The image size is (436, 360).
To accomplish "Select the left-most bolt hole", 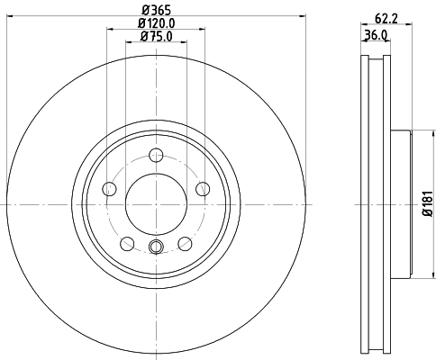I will coord(110,188).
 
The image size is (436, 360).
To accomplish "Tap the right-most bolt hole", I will coord(203,188).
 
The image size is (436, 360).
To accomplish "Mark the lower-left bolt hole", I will coord(127,243).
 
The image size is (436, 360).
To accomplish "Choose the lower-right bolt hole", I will coord(185,243).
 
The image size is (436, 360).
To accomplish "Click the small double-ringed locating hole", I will coord(156,249).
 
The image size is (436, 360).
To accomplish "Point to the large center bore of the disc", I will coord(156,200).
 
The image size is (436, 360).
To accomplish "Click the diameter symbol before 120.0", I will coord(141,22).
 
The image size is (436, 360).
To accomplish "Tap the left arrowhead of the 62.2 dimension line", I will coord(362,22).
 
